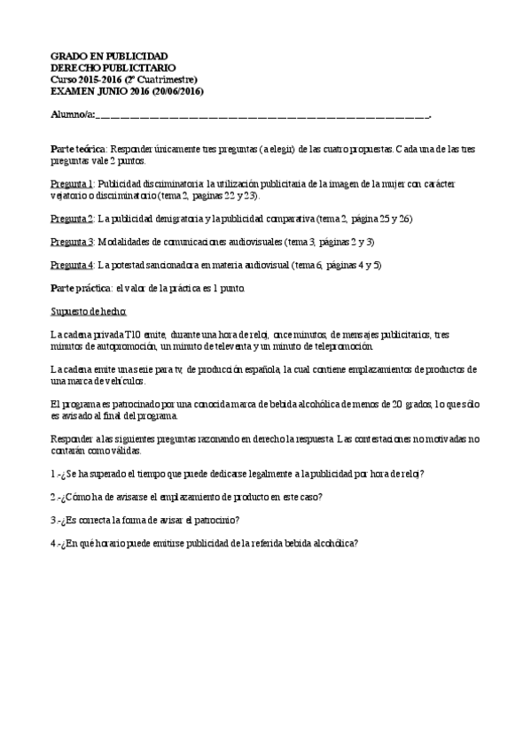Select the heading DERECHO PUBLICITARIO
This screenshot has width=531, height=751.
[x=113, y=67]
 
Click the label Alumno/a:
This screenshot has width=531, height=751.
[x=72, y=115]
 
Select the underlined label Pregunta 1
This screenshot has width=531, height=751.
[x=72, y=181]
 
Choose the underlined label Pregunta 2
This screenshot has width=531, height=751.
[x=72, y=219]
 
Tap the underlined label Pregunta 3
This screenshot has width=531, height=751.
[x=72, y=242]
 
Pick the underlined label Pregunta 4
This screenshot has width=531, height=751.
[x=72, y=265]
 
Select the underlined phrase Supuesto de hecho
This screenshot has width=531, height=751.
[x=89, y=312]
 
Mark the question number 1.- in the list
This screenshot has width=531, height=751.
[x=55, y=473]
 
